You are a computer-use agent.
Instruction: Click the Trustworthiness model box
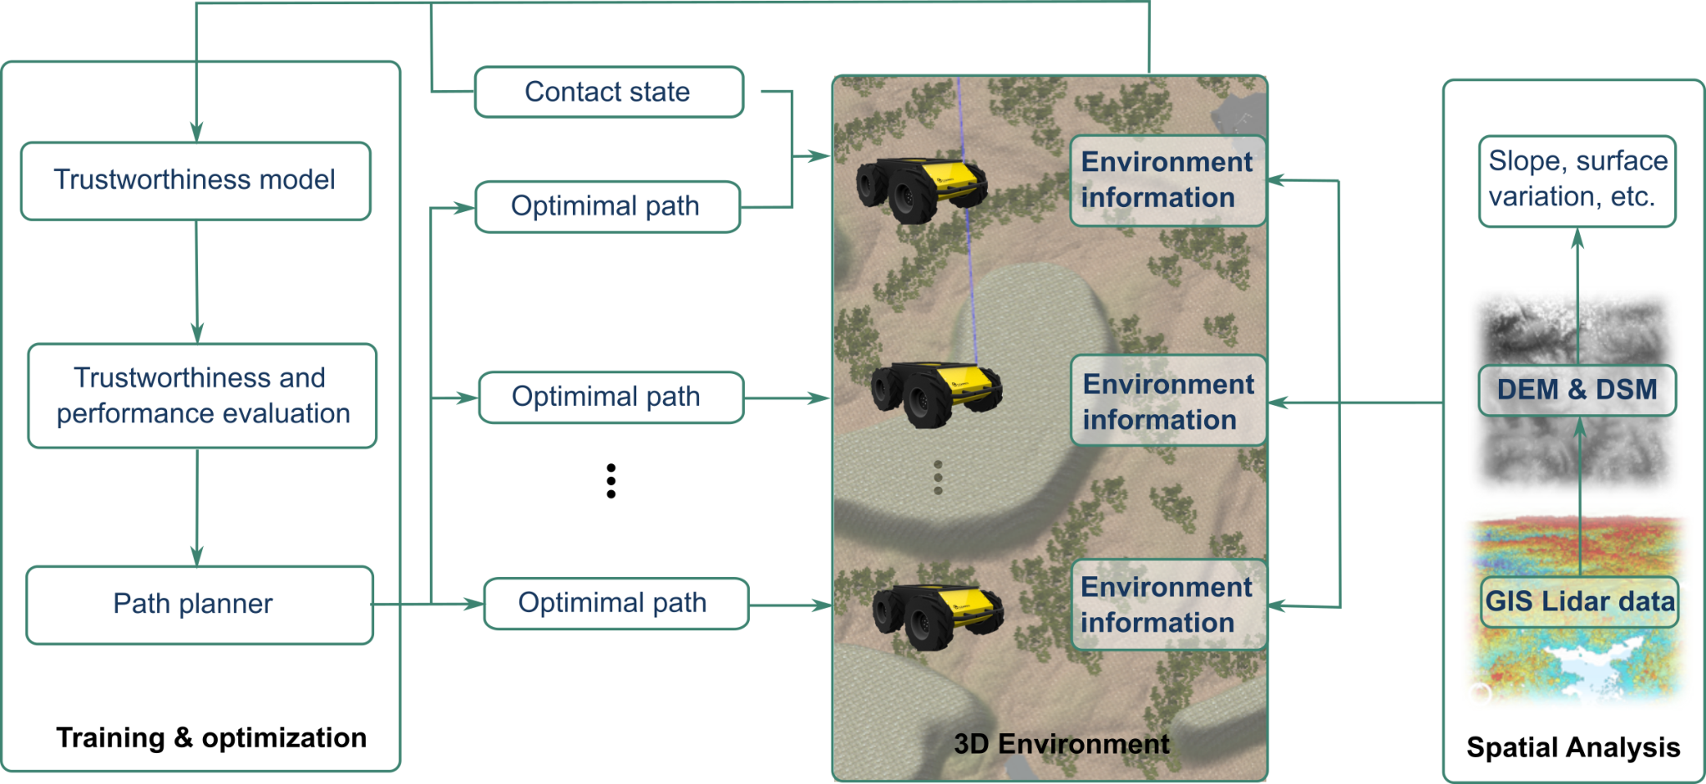195,180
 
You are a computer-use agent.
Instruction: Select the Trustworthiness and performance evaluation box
202,396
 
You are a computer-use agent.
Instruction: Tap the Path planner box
199,604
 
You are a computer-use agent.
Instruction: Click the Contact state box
609,92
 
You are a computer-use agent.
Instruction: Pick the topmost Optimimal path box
607,206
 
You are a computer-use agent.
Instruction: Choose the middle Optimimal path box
610,397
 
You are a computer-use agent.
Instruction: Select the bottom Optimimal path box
615,603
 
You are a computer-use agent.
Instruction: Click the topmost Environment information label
1167,180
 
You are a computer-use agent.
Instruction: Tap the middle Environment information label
1168,402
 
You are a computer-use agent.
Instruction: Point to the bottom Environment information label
1168,604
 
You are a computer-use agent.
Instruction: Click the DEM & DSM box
1577,390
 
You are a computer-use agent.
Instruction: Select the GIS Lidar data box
1579,602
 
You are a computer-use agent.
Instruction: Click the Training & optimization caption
211,738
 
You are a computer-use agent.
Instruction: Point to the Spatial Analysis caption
1573,747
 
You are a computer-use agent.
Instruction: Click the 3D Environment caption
1061,743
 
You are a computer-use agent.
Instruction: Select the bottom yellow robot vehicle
937,616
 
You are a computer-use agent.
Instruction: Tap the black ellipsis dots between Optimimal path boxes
611,481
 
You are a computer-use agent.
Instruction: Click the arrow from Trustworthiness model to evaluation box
197,282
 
